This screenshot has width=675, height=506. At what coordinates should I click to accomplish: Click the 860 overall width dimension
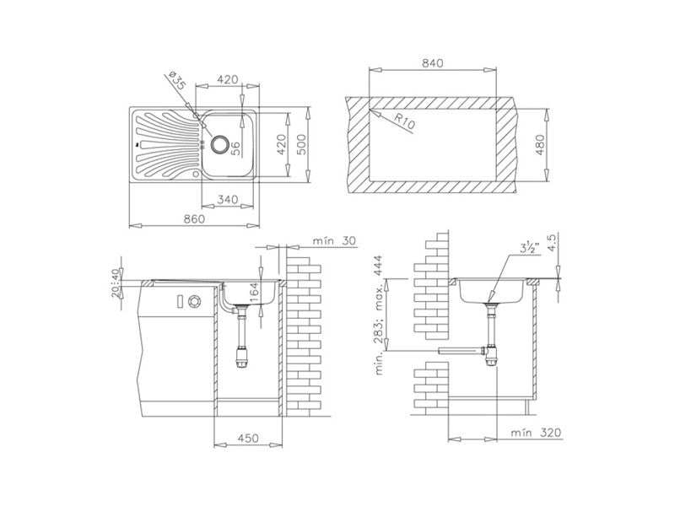194,218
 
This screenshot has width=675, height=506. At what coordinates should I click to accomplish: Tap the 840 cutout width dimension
432,63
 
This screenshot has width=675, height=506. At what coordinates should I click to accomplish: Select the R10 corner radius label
404,122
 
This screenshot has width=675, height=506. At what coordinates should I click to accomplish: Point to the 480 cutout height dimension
540,145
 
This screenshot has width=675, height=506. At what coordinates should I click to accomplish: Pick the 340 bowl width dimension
227,200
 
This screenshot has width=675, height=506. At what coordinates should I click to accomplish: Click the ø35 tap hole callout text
176,80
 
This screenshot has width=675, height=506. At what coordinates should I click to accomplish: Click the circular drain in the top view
219,143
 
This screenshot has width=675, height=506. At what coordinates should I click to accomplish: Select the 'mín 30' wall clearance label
334,241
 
